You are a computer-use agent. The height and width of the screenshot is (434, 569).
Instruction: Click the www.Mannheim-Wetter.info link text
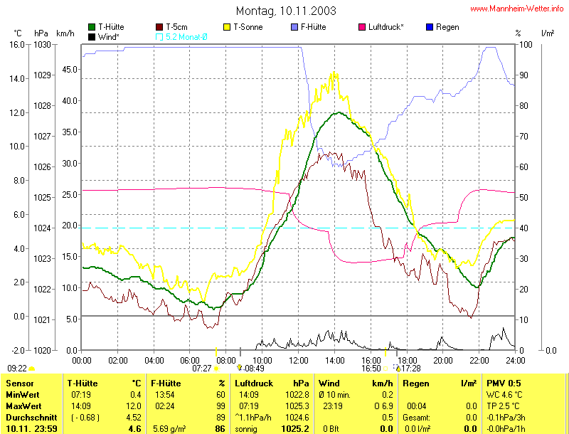point(518,9)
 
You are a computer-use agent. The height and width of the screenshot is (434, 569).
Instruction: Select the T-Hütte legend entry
point(115,27)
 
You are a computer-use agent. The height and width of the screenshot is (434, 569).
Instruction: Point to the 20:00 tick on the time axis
point(441,360)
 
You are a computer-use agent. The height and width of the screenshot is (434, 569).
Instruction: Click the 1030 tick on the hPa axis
point(42,45)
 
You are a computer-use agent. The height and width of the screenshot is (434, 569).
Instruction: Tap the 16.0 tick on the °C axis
point(17,45)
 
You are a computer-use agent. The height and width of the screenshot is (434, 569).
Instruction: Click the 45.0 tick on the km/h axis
point(68,70)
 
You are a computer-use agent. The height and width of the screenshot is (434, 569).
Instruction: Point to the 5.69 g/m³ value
point(171,429)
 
